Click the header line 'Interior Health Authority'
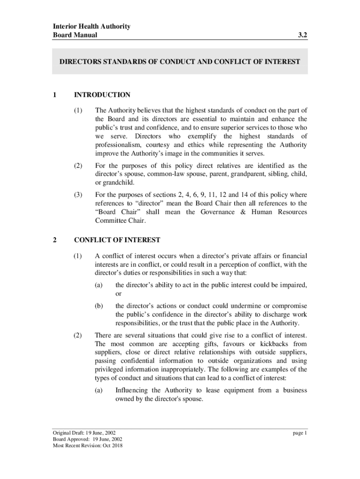(x=91, y=26)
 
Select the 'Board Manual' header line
(x=75, y=35)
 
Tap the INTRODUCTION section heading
(x=102, y=95)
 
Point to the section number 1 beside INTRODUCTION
(x=55, y=95)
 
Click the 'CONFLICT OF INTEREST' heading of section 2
(x=117, y=240)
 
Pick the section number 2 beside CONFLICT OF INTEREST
(x=55, y=240)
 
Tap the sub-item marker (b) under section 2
(x=98, y=306)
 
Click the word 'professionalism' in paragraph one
(x=118, y=145)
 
